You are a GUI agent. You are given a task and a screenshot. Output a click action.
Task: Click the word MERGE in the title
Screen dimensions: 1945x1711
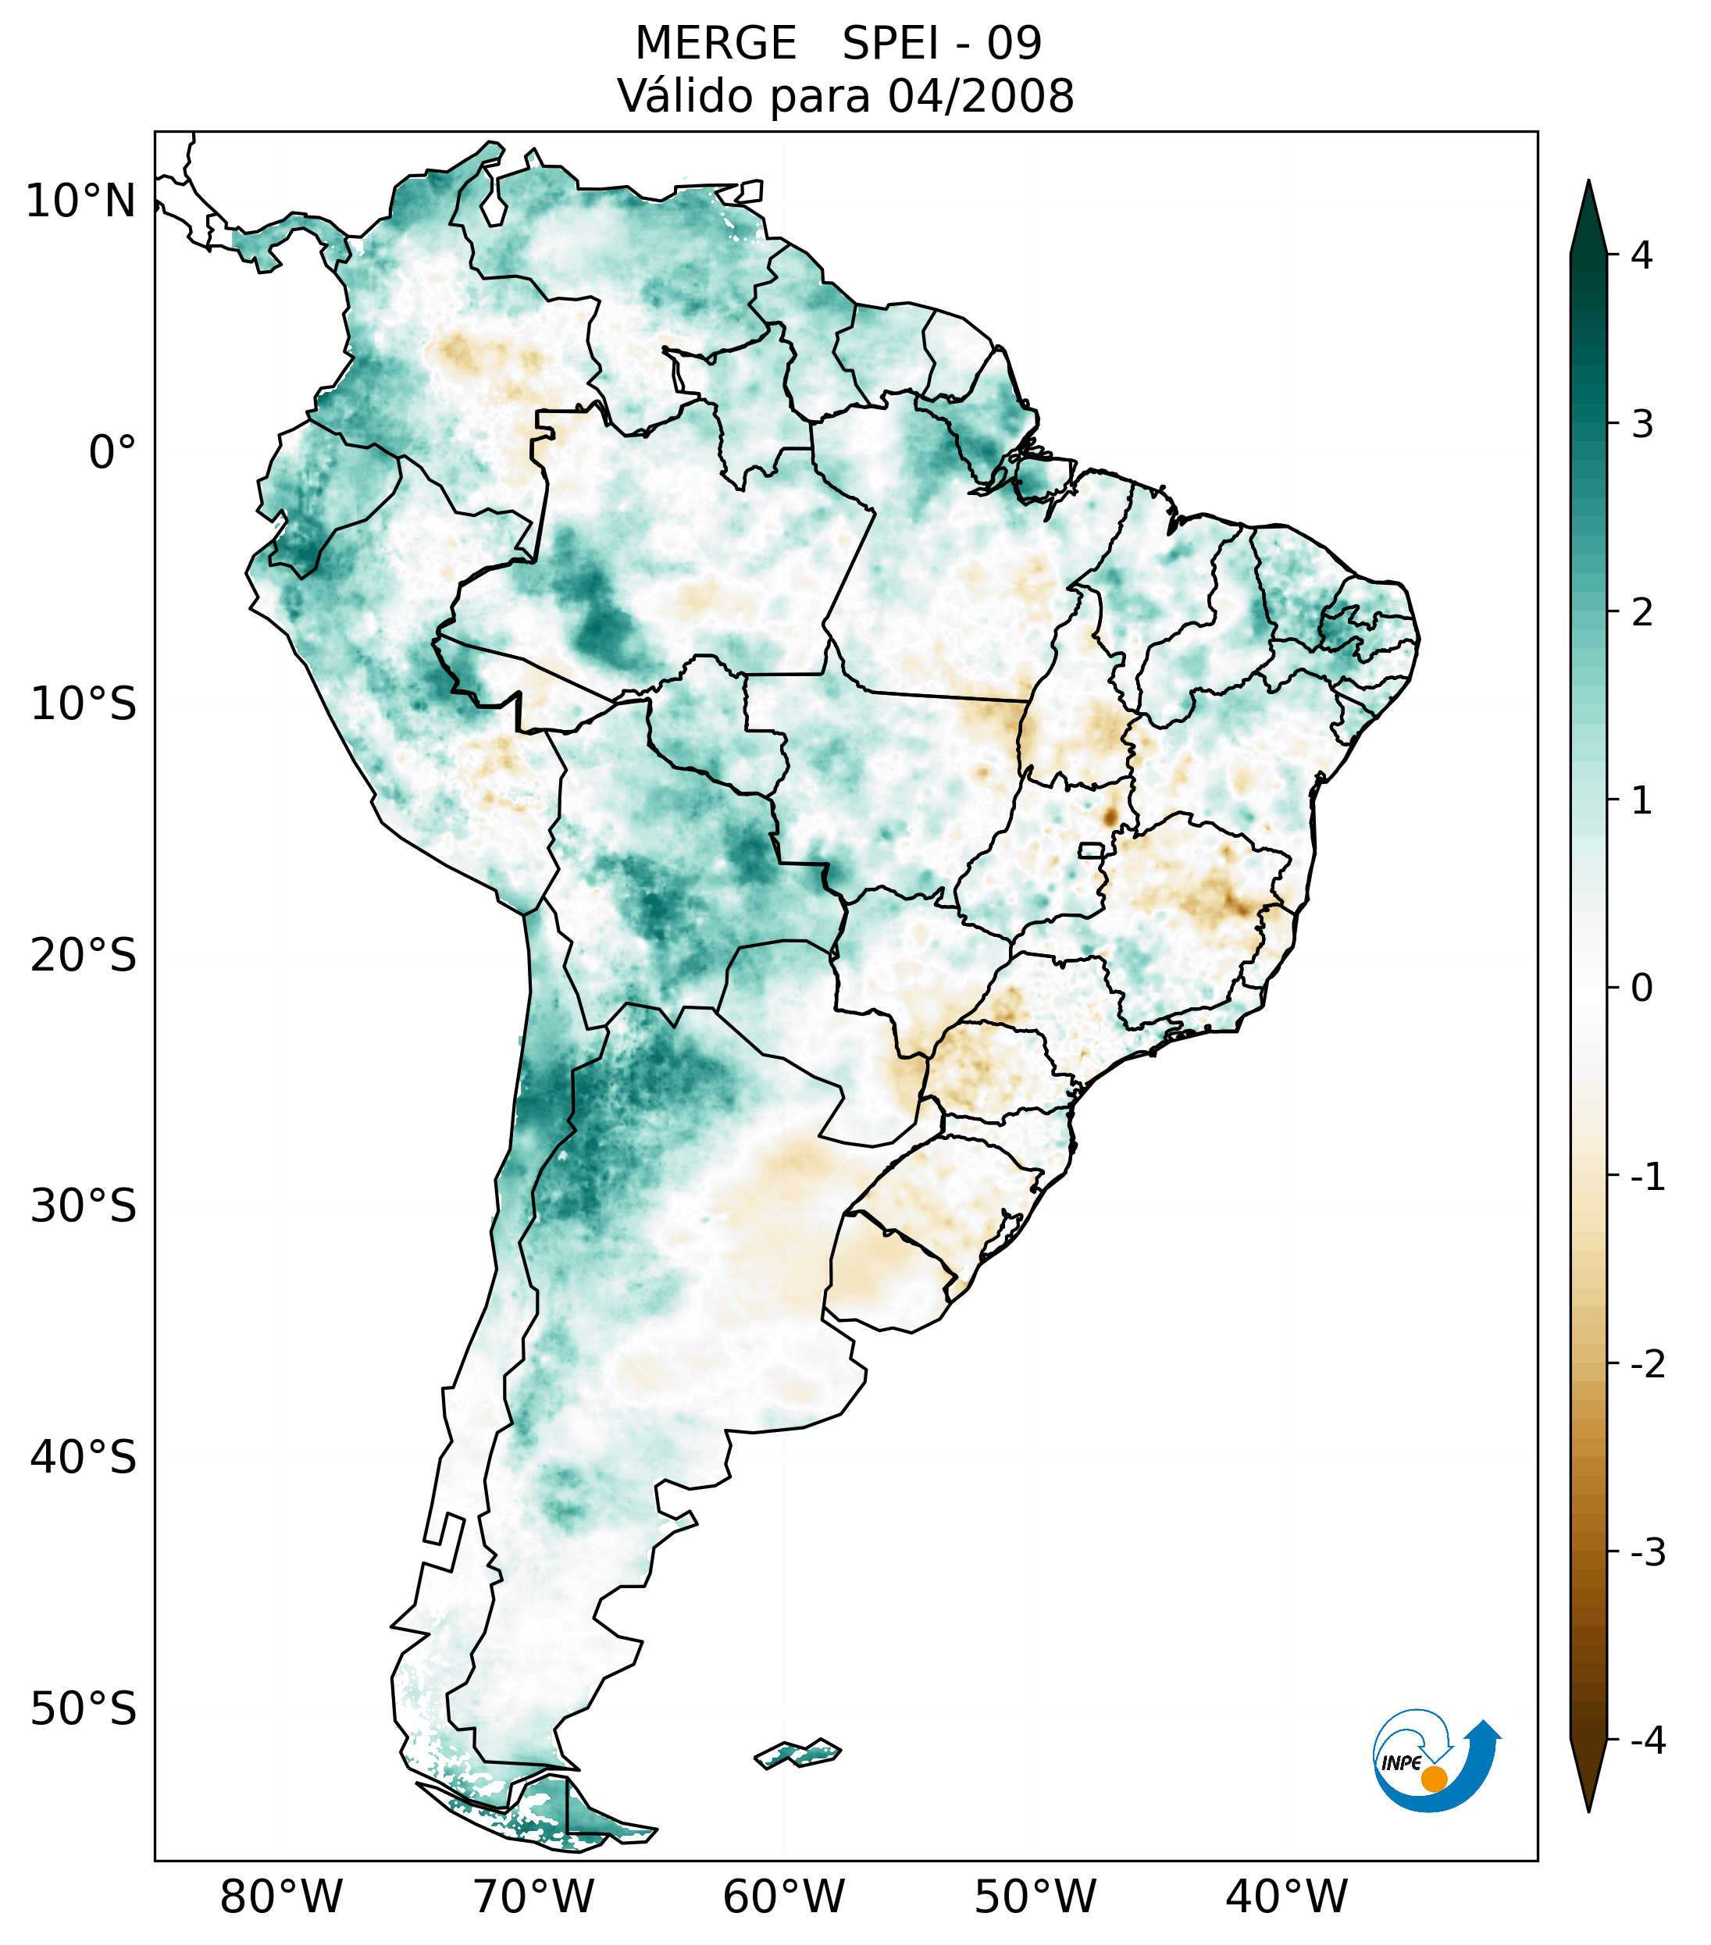click(715, 44)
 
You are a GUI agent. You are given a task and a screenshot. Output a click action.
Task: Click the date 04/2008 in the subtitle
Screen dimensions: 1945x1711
click(981, 96)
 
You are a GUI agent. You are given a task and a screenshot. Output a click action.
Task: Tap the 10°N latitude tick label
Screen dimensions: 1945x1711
click(81, 201)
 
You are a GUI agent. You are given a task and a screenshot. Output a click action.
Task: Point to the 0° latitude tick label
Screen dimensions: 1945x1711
click(112, 453)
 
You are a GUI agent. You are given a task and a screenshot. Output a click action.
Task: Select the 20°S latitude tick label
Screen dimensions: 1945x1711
click(84, 956)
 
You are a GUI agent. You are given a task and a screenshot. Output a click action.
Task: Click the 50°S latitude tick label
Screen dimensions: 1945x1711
click(84, 1709)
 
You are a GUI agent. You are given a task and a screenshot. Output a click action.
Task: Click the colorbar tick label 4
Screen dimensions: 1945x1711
click(1641, 255)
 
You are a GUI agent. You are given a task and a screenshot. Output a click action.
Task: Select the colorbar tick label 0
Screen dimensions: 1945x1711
click(1641, 989)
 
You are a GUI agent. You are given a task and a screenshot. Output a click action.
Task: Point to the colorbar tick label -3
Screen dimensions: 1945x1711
click(1647, 1552)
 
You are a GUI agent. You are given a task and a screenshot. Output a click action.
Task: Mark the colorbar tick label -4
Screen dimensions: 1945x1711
click(1647, 1740)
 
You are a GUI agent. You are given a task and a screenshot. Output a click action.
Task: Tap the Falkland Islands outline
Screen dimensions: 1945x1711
click(797, 1752)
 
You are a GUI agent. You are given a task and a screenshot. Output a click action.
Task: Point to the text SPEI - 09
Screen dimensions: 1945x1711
click(942, 44)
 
